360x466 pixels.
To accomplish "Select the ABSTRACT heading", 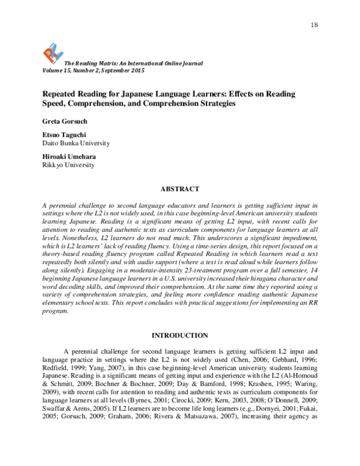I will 179,187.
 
